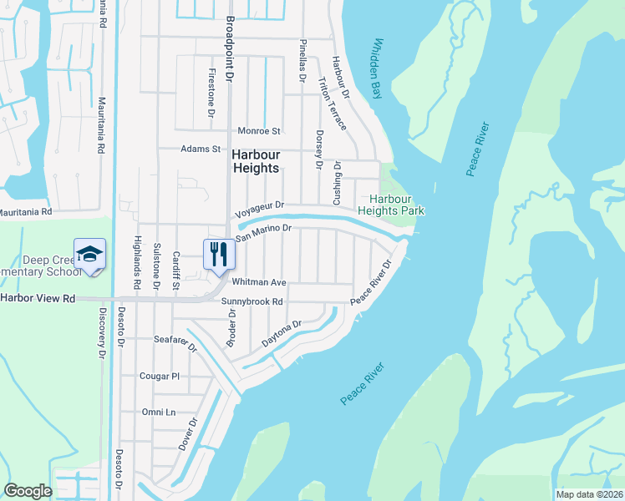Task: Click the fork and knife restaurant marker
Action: click(x=219, y=254)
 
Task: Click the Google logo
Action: click(x=28, y=491)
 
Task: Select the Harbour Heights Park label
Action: click(x=392, y=205)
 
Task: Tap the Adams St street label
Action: click(x=201, y=149)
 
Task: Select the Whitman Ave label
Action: click(x=259, y=283)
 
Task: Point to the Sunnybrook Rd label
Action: click(x=253, y=301)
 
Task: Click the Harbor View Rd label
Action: click(x=38, y=298)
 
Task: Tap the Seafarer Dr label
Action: click(x=175, y=342)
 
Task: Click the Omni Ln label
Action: click(x=159, y=412)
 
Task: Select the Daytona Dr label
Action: click(x=281, y=335)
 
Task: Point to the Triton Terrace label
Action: click(x=332, y=103)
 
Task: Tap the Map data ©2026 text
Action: click(x=589, y=494)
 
